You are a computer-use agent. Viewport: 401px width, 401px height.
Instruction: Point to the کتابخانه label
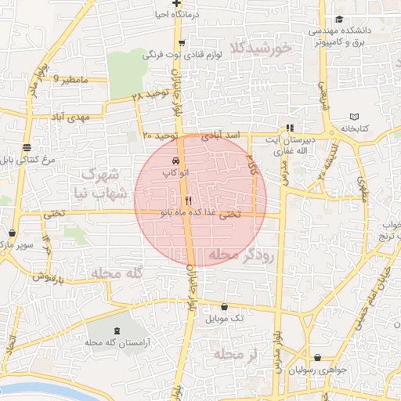353,128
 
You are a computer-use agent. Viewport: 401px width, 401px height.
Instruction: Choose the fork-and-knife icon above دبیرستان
290,127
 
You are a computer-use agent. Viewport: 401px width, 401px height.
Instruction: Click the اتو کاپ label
173,171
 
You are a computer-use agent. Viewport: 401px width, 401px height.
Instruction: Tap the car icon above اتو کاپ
174,160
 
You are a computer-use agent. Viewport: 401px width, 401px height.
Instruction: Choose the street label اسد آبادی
220,136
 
